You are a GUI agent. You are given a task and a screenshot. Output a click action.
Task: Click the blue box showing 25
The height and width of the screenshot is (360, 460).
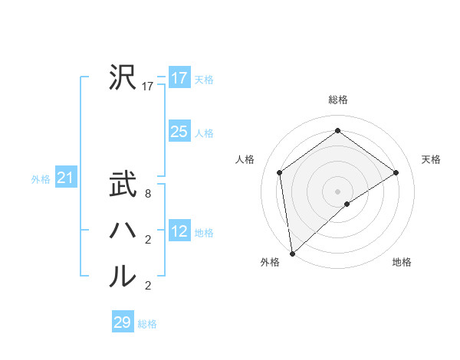click(x=179, y=132)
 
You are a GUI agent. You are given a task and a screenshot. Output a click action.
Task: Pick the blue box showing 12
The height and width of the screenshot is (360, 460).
click(x=179, y=231)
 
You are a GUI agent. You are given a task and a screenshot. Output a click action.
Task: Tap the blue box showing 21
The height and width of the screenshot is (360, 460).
click(x=65, y=178)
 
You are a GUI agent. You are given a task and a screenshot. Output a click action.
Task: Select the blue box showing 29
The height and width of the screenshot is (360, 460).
click(x=123, y=322)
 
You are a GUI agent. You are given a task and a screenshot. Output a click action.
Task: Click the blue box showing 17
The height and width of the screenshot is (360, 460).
click(x=179, y=78)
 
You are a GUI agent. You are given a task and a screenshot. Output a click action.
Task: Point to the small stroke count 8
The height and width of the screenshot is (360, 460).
click(x=148, y=195)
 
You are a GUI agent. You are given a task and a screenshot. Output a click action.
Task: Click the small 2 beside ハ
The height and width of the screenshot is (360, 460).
click(x=148, y=241)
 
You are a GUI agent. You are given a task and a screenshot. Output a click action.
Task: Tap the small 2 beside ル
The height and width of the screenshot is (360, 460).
click(x=148, y=286)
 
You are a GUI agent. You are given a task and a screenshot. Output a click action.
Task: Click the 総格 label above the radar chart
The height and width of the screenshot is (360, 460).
click(x=337, y=100)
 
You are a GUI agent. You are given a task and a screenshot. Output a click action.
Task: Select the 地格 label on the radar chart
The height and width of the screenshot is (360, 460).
click(x=402, y=262)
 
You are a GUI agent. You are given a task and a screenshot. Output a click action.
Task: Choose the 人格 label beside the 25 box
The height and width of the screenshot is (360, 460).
click(x=204, y=133)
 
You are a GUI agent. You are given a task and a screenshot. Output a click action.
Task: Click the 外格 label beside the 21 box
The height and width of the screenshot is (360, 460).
click(x=41, y=179)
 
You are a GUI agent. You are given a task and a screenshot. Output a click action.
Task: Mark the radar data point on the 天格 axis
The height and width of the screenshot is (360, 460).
click(x=396, y=172)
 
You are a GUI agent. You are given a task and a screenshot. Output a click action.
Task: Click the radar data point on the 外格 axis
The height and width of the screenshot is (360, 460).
click(x=291, y=254)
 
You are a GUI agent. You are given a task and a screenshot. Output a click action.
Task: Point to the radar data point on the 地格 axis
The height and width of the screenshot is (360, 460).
click(x=347, y=204)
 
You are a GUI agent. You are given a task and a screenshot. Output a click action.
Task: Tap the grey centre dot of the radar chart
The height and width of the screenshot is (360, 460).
click(x=337, y=191)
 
